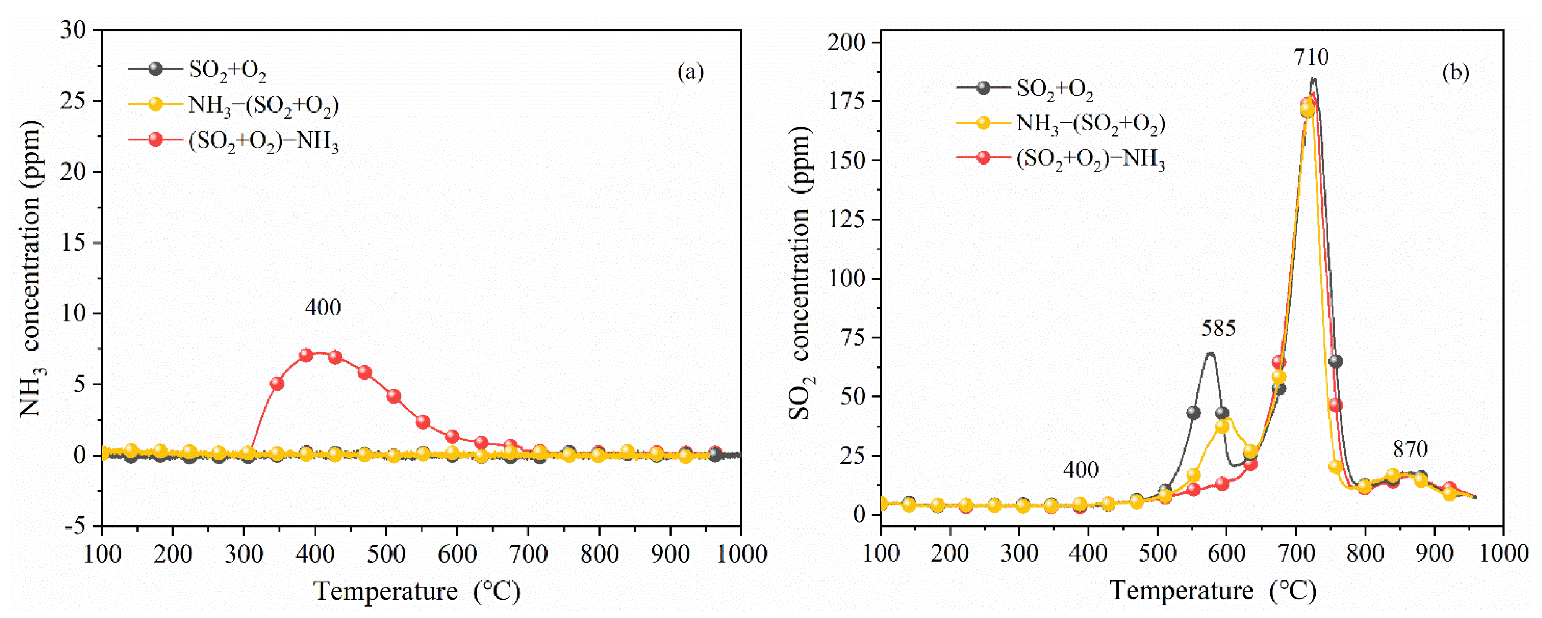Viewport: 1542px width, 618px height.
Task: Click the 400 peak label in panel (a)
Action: tap(323, 308)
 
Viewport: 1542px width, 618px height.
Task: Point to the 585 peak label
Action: tap(1218, 328)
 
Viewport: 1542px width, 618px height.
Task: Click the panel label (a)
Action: tap(690, 72)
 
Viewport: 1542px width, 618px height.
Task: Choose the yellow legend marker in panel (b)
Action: tap(983, 123)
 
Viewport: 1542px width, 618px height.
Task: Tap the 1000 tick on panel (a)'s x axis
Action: tap(741, 554)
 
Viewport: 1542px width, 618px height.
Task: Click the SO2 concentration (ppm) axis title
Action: tap(800, 272)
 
